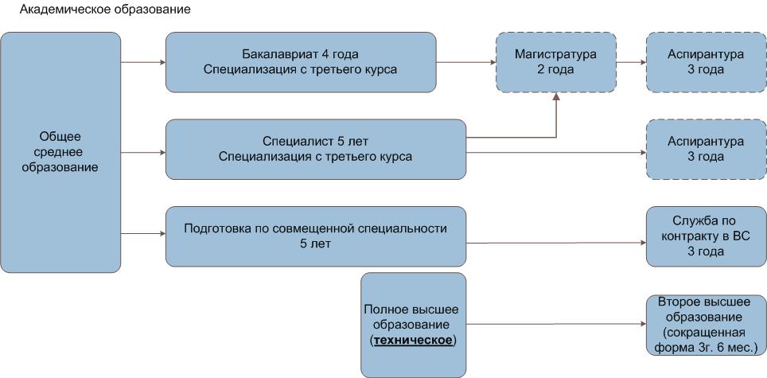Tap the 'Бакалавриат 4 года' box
coord(301,61)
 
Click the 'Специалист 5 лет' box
coord(315,149)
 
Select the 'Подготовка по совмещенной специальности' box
coord(315,236)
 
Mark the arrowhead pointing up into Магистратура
coord(556,97)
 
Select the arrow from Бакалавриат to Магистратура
coord(466,61)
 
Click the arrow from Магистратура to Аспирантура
coord(631,61)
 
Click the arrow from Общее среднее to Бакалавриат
coord(143,61)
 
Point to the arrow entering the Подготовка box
coord(143,234)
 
